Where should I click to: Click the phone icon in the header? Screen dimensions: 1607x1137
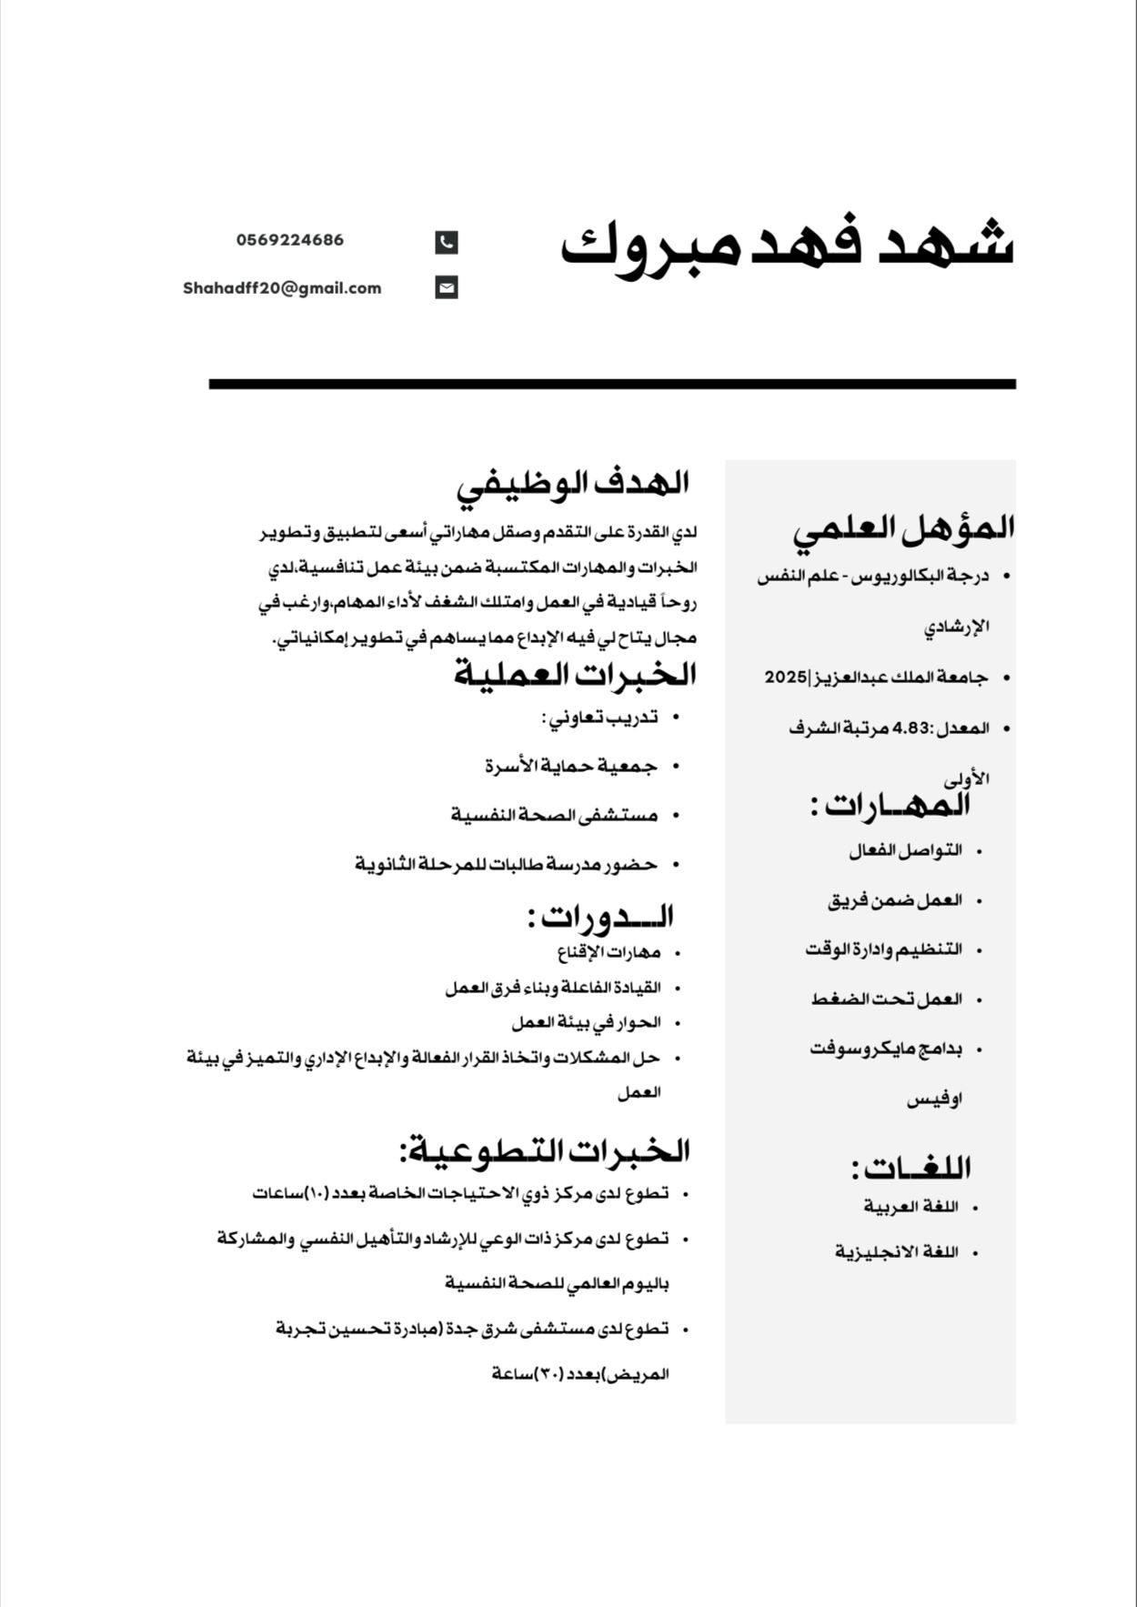pos(446,242)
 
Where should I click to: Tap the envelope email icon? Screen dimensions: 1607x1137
pos(446,288)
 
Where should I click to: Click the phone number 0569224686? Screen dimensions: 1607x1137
pos(290,240)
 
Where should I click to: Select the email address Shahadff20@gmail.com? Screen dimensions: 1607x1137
pos(282,288)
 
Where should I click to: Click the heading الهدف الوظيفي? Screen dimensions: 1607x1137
pos(572,483)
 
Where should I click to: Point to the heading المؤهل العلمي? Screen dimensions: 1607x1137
pos(903,528)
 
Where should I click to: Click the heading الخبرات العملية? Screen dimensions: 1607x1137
pos(575,675)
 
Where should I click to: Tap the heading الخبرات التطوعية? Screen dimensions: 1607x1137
pos(544,1150)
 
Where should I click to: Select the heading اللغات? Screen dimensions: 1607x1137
pos(911,1167)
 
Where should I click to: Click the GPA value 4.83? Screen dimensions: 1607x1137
pos(913,728)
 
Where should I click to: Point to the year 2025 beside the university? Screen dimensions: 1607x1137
pos(785,678)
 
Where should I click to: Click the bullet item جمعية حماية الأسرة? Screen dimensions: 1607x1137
pos(570,767)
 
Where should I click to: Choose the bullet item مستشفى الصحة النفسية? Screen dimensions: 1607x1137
pos(554,815)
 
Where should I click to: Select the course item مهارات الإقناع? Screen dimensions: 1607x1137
pos(609,953)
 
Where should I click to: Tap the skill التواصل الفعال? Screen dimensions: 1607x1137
pos(905,851)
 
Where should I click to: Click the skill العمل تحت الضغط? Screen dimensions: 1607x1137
pos(886,999)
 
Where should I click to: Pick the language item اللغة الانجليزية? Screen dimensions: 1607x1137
pos(897,1252)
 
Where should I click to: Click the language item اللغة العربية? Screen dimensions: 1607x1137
pos(911,1207)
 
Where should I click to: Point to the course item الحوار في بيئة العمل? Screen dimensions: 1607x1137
pos(585,1022)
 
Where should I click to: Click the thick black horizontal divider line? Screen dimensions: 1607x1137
pos(612,384)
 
